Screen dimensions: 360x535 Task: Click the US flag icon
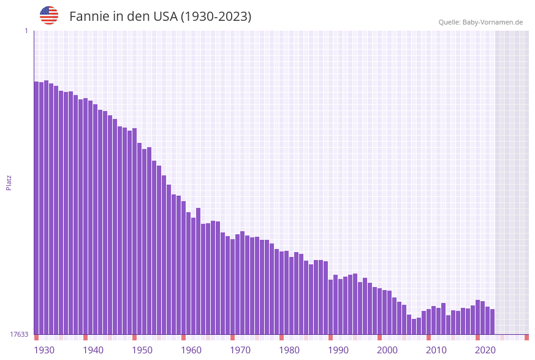49,15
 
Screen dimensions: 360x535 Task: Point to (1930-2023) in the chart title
216,17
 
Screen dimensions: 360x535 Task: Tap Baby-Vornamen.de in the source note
493,22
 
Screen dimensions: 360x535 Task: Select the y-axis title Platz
9,182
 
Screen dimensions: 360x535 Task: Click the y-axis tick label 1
26,31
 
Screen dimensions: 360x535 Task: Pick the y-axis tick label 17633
19,334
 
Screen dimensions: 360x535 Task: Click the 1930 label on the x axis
44,350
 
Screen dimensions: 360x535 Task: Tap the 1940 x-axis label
93,350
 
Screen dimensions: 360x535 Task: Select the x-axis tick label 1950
142,350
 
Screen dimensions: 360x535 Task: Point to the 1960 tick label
191,350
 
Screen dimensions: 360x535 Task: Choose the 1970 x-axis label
240,350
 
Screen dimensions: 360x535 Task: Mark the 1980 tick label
289,350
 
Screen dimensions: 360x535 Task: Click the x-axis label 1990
338,350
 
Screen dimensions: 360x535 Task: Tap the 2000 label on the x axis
387,350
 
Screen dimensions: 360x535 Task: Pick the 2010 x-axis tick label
436,350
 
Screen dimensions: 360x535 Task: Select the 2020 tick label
485,350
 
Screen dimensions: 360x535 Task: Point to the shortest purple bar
414,326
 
